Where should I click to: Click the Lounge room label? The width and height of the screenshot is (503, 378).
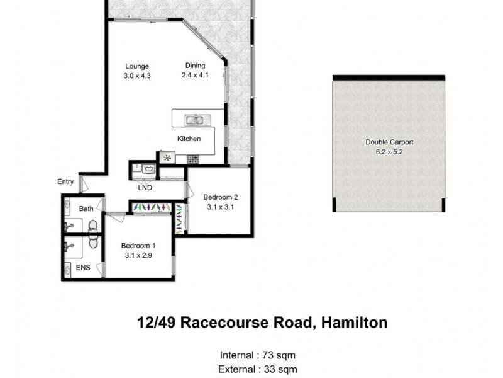click(136, 66)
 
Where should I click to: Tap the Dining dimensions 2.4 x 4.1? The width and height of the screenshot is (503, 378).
click(195, 75)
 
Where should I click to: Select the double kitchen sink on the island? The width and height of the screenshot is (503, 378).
click(194, 119)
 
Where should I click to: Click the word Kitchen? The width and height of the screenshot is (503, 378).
click(189, 139)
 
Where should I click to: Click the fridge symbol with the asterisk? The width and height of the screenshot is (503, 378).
click(167, 158)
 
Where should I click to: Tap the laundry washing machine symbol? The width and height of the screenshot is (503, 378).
click(149, 169)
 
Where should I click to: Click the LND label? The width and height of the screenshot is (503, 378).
click(145, 188)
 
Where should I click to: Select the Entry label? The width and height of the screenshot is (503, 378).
click(65, 182)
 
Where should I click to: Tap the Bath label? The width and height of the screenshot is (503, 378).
click(86, 209)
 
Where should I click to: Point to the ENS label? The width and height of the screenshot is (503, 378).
click(83, 268)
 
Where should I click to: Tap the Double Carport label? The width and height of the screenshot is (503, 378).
click(389, 142)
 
